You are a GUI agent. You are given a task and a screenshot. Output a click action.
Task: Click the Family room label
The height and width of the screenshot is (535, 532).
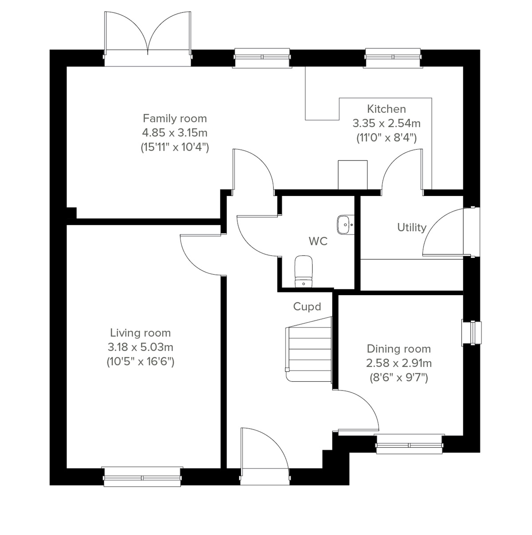pyautogui.click(x=175, y=118)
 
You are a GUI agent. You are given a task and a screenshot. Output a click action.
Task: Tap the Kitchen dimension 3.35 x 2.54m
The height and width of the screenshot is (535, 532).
pyautogui.click(x=386, y=123)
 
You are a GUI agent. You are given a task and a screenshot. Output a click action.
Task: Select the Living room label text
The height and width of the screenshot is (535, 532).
pyautogui.click(x=140, y=333)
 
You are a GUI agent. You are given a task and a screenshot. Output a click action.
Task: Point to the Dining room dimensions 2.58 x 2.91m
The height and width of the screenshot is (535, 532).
pyautogui.click(x=399, y=363)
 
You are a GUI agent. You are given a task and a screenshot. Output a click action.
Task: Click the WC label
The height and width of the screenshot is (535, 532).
pyautogui.click(x=318, y=242)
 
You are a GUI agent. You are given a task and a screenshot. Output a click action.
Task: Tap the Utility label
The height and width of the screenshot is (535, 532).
pyautogui.click(x=411, y=227)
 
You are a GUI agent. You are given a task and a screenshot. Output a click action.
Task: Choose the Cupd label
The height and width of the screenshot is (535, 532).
pyautogui.click(x=307, y=306)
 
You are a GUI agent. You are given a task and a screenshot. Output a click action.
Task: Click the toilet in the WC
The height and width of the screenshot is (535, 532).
pyautogui.click(x=304, y=270)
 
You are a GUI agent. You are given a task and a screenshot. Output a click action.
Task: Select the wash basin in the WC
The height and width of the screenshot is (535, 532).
pyautogui.click(x=345, y=224)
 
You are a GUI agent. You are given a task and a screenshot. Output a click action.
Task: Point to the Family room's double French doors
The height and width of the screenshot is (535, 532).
pyautogui.click(x=148, y=40)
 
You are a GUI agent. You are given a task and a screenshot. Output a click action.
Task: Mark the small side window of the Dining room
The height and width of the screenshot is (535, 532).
pyautogui.click(x=471, y=332)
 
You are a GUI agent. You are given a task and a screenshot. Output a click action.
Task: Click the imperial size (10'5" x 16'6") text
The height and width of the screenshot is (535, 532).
pyautogui.click(x=140, y=361)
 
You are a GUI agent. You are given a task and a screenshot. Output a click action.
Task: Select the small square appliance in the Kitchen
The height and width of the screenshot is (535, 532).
pyautogui.click(x=352, y=175)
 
